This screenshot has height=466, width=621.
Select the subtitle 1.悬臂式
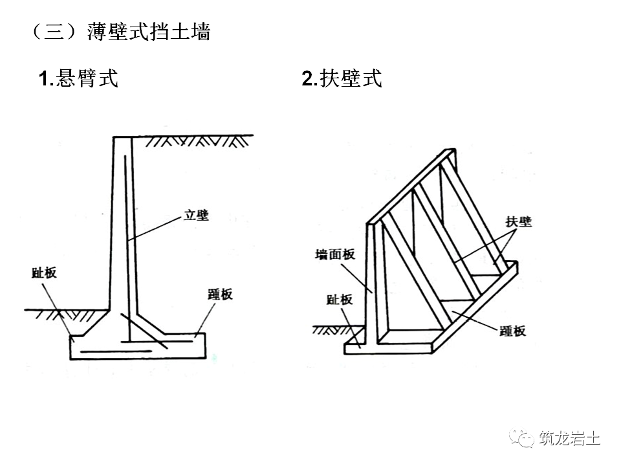click(x=78, y=79)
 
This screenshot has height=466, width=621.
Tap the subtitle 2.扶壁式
click(x=342, y=79)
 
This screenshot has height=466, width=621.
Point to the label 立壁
click(x=196, y=216)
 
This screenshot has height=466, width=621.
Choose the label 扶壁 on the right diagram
click(x=518, y=222)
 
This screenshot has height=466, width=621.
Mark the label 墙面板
click(x=335, y=254)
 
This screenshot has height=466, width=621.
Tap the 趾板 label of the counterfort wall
click(x=340, y=299)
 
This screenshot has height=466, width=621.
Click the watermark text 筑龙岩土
click(x=569, y=439)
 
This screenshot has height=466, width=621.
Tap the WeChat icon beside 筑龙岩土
click(x=519, y=439)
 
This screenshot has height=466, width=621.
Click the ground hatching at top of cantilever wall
click(x=194, y=140)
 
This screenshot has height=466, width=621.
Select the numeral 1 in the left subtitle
click(x=43, y=80)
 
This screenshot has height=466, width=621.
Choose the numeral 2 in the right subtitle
click(x=307, y=80)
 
